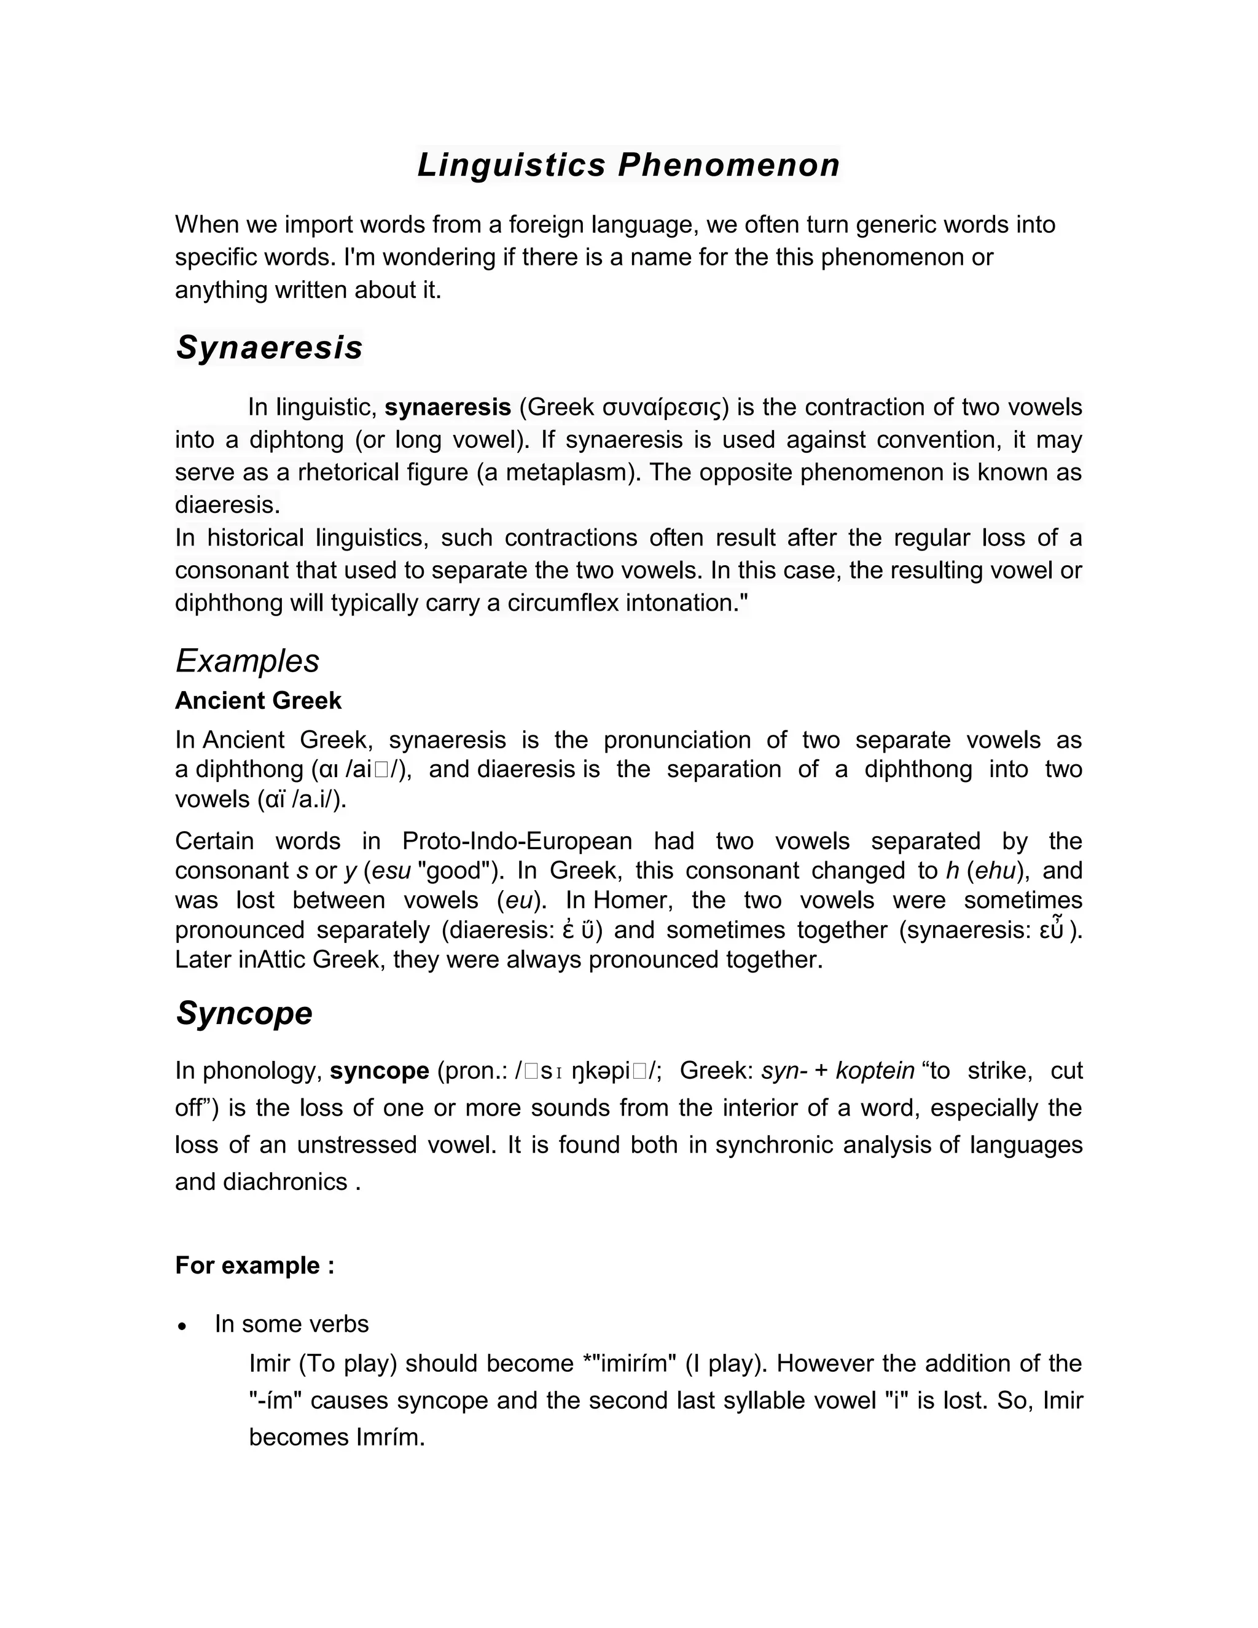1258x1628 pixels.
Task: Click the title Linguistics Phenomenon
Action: (628, 165)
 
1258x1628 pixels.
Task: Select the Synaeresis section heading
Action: (269, 347)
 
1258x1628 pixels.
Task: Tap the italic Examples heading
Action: (248, 660)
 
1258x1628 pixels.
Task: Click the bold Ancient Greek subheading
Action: (258, 701)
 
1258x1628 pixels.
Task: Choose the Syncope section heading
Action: (244, 1013)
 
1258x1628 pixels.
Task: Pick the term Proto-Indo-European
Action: (517, 841)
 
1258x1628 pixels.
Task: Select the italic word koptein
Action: (875, 1070)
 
